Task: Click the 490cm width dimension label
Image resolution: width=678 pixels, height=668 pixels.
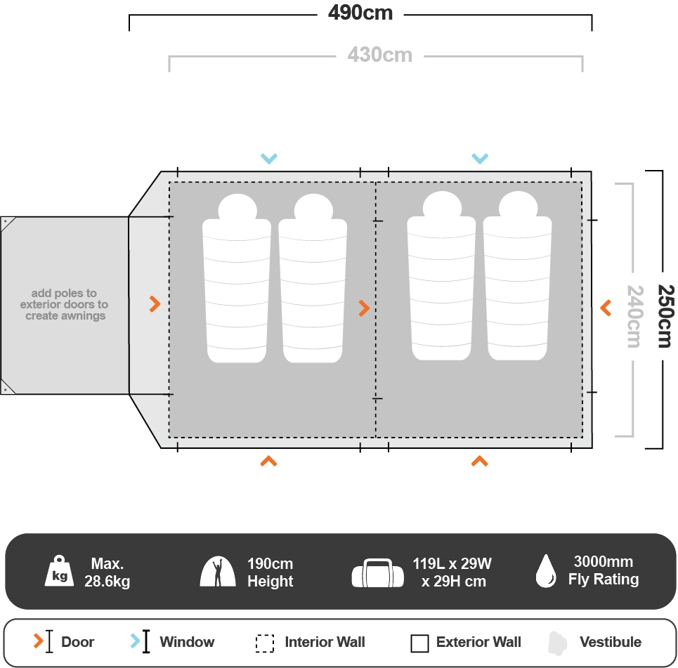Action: [360, 13]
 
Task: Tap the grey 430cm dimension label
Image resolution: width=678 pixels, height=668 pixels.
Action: [379, 55]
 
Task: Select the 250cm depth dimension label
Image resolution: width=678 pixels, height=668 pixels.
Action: [664, 315]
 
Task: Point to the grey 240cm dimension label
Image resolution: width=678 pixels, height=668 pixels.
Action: [634, 316]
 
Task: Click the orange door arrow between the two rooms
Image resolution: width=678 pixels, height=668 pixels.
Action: [364, 308]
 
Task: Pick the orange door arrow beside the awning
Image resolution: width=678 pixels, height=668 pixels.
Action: [155, 304]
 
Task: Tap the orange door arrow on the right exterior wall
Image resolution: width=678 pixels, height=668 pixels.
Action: [606, 308]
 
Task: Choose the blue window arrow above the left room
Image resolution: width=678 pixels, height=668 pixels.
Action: [268, 159]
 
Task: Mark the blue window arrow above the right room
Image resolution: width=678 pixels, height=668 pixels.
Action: [480, 159]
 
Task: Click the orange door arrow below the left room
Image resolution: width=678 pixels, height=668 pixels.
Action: [268, 461]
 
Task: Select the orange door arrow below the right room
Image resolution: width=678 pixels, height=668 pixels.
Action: [480, 461]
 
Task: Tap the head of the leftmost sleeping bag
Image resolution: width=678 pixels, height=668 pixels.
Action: [237, 208]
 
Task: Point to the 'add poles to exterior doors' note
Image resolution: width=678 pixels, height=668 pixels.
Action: [64, 305]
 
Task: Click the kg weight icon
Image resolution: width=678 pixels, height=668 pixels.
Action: [60, 571]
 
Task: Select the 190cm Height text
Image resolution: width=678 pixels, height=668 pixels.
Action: [270, 572]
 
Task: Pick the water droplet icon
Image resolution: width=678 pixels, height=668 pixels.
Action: [546, 571]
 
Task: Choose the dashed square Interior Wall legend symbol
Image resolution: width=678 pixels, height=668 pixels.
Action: [265, 643]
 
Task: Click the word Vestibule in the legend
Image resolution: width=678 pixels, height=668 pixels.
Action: [610, 642]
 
